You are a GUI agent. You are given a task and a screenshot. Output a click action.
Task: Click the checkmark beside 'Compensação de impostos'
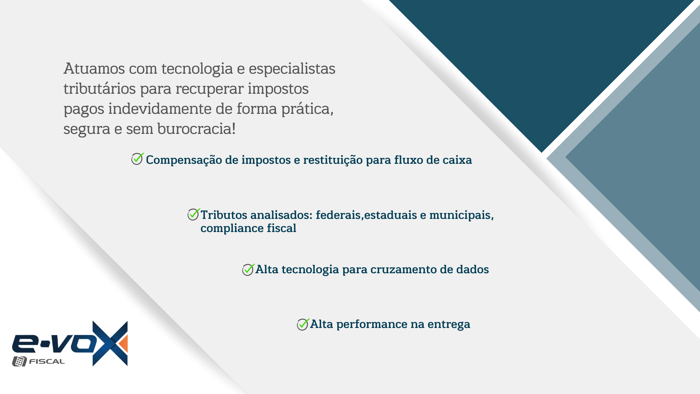click(137, 159)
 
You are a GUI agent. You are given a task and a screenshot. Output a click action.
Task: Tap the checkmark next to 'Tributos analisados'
click(194, 214)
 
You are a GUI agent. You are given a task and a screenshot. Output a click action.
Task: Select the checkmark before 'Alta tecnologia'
click(248, 270)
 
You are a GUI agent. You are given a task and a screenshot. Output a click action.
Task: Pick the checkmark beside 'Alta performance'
click(303, 324)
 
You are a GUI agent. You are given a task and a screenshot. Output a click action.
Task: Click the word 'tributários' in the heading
click(100, 89)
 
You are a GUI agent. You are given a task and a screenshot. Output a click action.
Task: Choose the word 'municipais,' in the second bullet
click(462, 215)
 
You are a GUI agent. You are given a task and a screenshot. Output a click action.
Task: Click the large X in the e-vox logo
click(110, 343)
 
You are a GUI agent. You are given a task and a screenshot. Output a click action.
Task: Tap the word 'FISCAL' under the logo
click(47, 362)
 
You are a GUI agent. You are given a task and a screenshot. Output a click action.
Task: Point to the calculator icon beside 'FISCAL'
click(19, 361)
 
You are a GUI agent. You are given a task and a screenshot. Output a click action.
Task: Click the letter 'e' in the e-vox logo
click(24, 343)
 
